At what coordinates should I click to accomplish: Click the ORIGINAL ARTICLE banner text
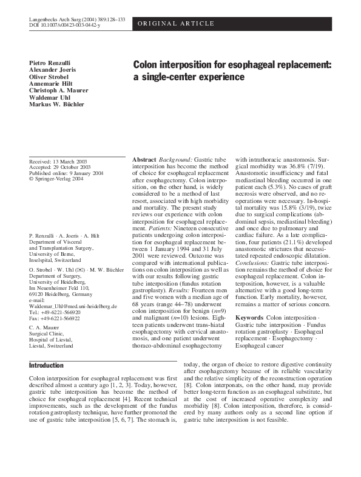coord(177,24)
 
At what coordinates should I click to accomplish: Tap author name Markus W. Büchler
coord(58,105)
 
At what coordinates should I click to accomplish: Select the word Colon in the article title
coord(147,64)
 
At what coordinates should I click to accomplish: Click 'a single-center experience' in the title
coord(189,77)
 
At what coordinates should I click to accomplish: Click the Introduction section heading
coord(46,365)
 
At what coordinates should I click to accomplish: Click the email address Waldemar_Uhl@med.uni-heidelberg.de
coord(73,307)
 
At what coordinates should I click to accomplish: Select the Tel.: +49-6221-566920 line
coord(55,313)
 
